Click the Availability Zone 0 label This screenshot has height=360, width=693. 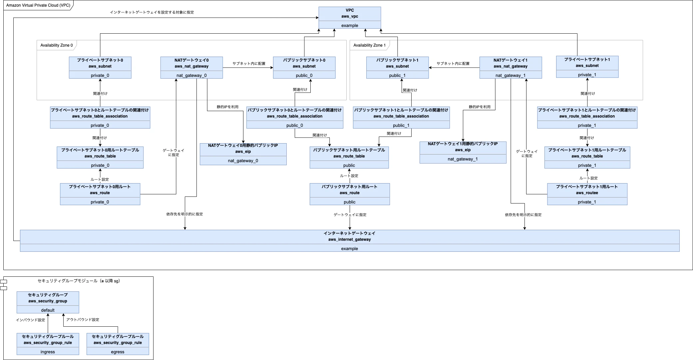point(57,45)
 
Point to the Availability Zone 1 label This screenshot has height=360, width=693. point(369,45)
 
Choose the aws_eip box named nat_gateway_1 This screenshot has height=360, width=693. point(463,152)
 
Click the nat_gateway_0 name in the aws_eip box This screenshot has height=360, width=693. point(243,161)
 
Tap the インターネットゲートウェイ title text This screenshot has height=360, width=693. point(349,233)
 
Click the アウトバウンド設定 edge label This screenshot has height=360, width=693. point(83,320)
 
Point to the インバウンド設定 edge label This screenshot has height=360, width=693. point(30,320)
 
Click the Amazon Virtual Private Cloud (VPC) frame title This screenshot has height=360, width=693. point(38,5)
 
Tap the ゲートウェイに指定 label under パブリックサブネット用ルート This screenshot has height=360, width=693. point(350,215)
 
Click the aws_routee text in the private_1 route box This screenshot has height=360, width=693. point(587,193)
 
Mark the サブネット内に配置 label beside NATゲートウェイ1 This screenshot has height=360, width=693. point(453,64)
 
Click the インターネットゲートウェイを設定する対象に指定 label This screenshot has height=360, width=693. point(152,12)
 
